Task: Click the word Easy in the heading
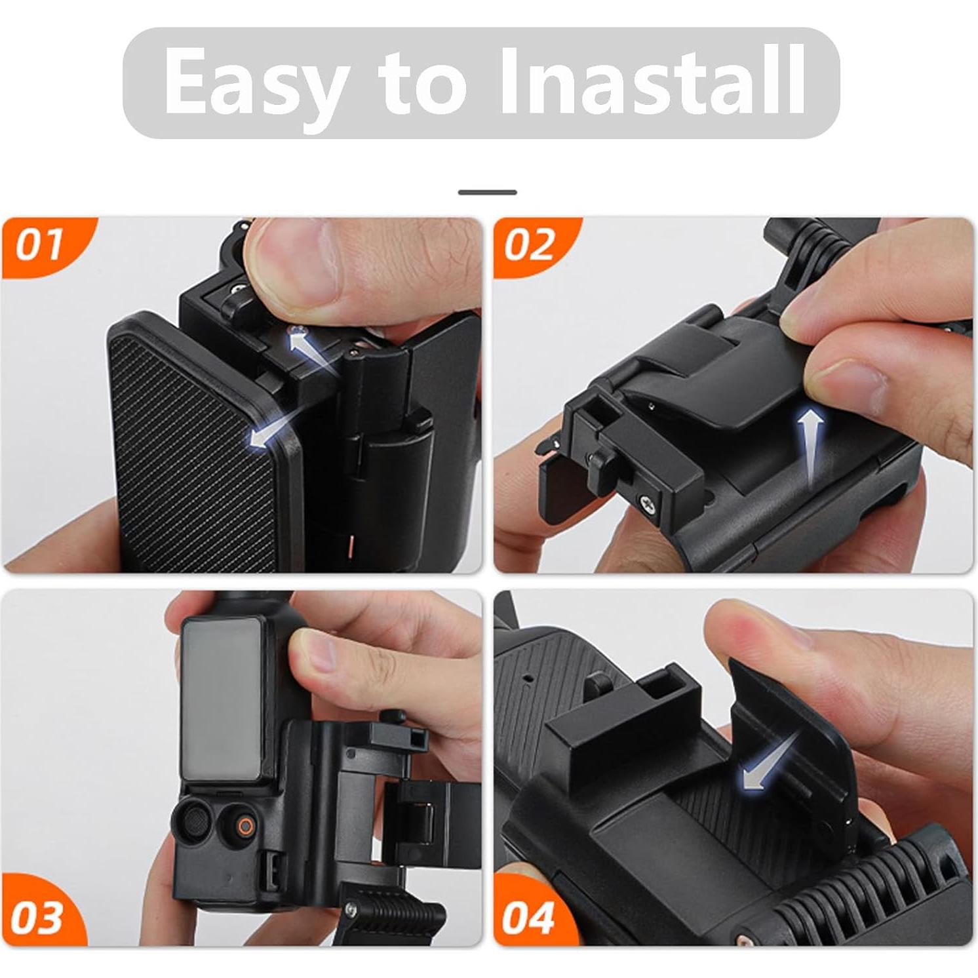[256, 83]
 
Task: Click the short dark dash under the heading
[487, 192]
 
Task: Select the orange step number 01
[39, 245]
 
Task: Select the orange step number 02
[529, 245]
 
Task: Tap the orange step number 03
[37, 918]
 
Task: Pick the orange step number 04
[528, 918]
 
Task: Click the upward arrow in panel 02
[811, 446]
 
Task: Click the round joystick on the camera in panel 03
[191, 822]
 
